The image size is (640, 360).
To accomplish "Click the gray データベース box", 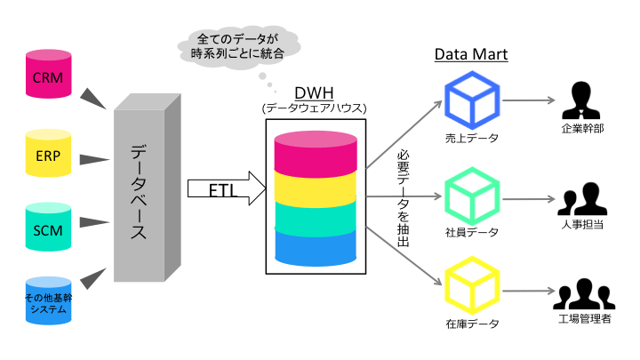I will pyautogui.click(x=140, y=192).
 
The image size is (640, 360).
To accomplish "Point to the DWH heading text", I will pyautogui.click(x=315, y=93).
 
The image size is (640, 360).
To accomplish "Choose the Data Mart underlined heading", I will pyautogui.click(x=470, y=55).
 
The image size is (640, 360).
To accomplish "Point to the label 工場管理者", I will pyautogui.click(x=583, y=319).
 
